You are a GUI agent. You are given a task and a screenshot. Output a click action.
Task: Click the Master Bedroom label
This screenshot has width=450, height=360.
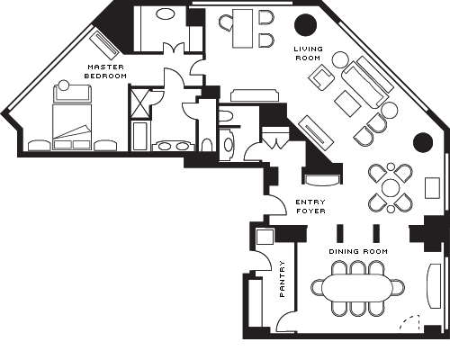point(105,71)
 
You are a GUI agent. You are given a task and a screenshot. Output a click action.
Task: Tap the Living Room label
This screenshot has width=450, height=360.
point(308,53)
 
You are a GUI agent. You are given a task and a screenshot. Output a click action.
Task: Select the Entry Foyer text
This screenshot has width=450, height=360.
point(310,206)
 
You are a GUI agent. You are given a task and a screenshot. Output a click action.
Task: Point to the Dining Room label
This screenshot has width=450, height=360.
point(358,251)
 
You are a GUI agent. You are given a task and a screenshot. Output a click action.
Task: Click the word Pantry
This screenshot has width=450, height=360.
point(283,279)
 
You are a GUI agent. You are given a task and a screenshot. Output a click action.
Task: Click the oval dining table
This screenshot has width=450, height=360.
point(357,288)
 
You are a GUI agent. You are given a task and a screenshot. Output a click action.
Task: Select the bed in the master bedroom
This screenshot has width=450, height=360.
point(72,127)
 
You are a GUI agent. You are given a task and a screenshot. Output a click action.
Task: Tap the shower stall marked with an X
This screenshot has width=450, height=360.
point(139,103)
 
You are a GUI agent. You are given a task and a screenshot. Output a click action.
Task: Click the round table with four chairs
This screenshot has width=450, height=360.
point(391,188)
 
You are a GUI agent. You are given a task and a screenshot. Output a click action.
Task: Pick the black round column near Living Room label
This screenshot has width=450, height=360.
point(306,25)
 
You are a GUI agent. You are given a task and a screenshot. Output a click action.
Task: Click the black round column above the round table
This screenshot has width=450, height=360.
point(423,142)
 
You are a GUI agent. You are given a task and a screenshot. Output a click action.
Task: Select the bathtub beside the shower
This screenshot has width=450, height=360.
point(140,136)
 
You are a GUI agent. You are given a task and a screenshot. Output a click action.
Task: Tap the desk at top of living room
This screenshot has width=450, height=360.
point(243,29)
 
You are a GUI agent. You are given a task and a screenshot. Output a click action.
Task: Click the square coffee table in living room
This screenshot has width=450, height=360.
point(347,103)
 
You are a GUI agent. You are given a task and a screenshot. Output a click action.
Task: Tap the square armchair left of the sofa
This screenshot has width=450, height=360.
point(323,78)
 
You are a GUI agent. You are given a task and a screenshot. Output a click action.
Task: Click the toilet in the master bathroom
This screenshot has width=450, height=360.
point(206,145)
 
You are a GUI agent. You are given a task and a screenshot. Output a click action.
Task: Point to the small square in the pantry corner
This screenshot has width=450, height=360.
point(265,237)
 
